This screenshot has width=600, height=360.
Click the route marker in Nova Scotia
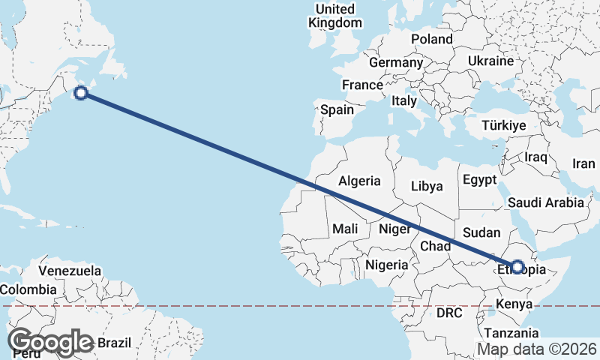(x=82, y=93)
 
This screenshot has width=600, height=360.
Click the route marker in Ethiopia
(x=517, y=266)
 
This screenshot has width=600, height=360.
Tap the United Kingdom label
(x=334, y=16)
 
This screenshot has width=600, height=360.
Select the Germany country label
(x=396, y=62)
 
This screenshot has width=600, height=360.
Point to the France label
(x=362, y=85)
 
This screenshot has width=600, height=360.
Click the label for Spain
(x=337, y=109)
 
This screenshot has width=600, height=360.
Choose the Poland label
(x=431, y=39)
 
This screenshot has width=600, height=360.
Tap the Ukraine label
(x=490, y=61)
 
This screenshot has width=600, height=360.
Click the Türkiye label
(x=504, y=125)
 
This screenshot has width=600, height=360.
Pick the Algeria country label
(x=359, y=181)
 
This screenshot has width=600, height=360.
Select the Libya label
(x=427, y=185)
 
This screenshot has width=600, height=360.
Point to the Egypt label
(x=479, y=180)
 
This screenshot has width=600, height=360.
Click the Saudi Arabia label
(x=545, y=202)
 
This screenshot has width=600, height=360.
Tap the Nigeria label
(x=387, y=264)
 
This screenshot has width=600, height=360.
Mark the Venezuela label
(x=69, y=270)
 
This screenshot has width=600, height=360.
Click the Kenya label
(x=514, y=304)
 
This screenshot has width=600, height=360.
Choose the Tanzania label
(x=511, y=333)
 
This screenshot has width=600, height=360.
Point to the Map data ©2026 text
(x=537, y=349)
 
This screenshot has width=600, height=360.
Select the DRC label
(x=450, y=312)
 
